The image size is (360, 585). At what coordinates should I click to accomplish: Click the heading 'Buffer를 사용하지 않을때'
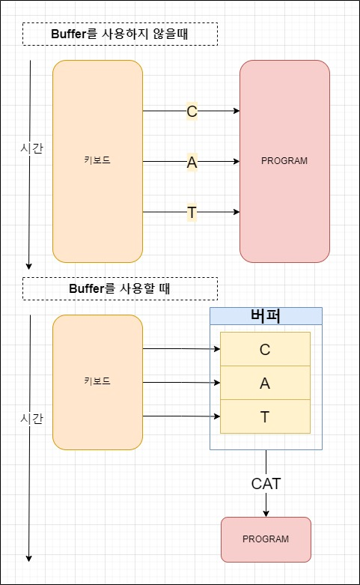pyautogui.click(x=120, y=34)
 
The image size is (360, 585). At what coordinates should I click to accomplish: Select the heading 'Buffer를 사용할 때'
pyautogui.click(x=120, y=288)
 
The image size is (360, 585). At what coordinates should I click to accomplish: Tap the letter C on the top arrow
pyautogui.click(x=192, y=112)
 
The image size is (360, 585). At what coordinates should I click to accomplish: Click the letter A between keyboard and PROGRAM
pyautogui.click(x=192, y=162)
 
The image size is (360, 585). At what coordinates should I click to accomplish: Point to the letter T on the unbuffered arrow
pyautogui.click(x=192, y=213)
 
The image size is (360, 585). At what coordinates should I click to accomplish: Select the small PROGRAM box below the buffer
pyautogui.click(x=266, y=539)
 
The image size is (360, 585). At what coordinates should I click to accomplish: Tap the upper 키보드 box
pyautogui.click(x=97, y=161)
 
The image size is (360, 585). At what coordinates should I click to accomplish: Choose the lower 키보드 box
pyautogui.click(x=97, y=382)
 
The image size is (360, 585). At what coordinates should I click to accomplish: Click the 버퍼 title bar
pyautogui.click(x=266, y=315)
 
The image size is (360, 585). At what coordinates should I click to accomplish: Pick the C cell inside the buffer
pyautogui.click(x=265, y=349)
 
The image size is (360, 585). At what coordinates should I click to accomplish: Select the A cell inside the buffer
pyautogui.click(x=265, y=383)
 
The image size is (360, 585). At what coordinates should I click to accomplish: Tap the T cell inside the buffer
pyautogui.click(x=265, y=416)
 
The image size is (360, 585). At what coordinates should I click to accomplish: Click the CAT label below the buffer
pyautogui.click(x=266, y=484)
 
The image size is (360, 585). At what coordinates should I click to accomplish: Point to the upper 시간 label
pyautogui.click(x=31, y=148)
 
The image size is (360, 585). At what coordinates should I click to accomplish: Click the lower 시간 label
pyautogui.click(x=31, y=418)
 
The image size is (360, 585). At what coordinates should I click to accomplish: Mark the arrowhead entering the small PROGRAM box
pyautogui.click(x=266, y=513)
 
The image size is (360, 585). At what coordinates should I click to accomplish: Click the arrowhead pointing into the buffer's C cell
pyautogui.click(x=216, y=349)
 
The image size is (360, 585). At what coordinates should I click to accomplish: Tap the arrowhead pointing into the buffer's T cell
pyautogui.click(x=216, y=416)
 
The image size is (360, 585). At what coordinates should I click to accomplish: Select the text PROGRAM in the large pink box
pyautogui.click(x=284, y=161)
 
